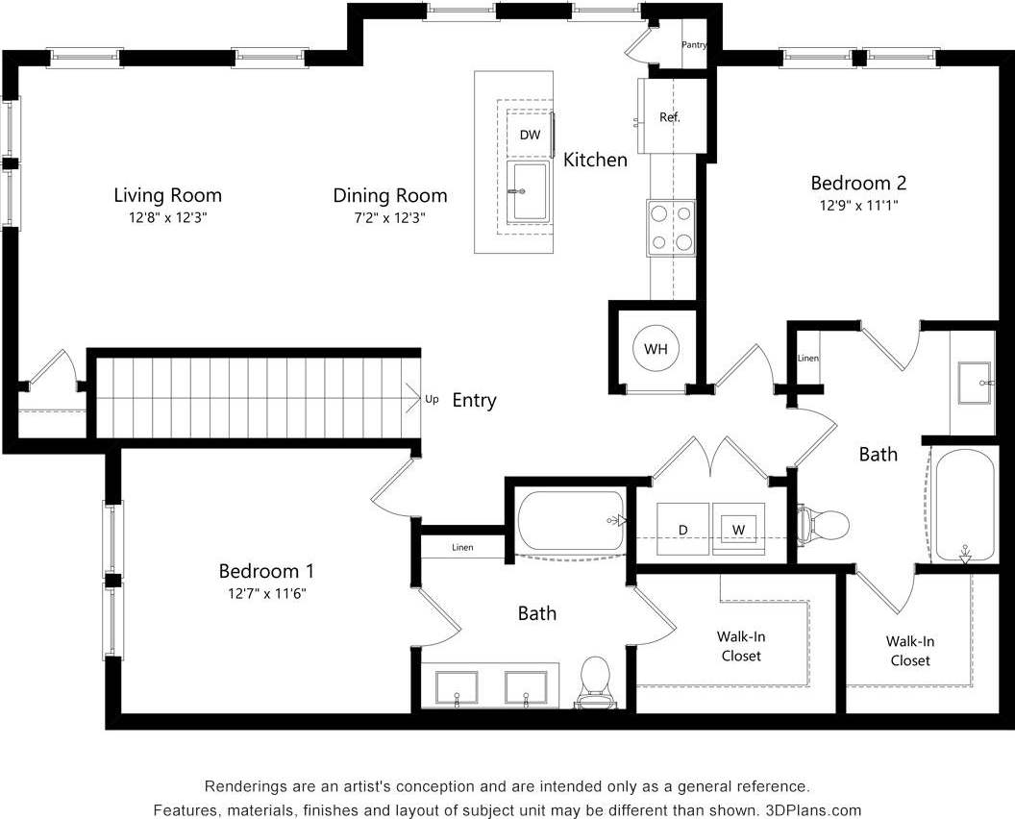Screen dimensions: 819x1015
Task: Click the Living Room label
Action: tap(167, 195)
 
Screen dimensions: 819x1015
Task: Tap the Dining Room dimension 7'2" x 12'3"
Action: tap(389, 218)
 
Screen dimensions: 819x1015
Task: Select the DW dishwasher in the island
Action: tap(530, 135)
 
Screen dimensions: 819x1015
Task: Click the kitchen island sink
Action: tap(528, 191)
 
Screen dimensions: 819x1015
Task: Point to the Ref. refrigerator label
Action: tap(670, 117)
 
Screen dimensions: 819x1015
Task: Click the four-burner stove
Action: tap(671, 228)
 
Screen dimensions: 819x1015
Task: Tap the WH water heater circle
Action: tap(656, 348)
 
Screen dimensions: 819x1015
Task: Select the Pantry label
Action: tap(695, 45)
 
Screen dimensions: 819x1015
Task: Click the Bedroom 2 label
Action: tap(857, 183)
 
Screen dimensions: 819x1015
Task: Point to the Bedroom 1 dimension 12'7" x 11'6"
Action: tap(265, 593)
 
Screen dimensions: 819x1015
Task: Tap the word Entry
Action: tap(474, 401)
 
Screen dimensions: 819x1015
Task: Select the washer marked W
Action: tap(738, 530)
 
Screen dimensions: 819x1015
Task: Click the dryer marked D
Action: tap(682, 530)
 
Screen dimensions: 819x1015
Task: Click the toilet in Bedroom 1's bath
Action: tap(596, 682)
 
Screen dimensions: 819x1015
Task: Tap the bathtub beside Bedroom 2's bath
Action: tap(967, 504)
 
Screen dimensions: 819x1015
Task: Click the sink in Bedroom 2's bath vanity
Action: tap(975, 384)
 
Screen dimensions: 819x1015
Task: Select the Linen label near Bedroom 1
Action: tap(462, 548)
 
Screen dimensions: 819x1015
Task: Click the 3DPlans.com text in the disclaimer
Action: tap(813, 809)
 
